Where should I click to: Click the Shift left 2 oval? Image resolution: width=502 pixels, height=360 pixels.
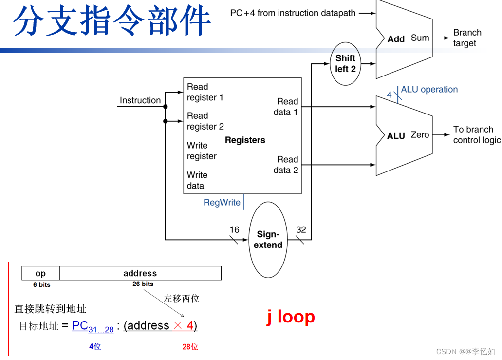[x=345, y=64]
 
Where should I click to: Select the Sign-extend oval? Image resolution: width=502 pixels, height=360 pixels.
[x=268, y=240]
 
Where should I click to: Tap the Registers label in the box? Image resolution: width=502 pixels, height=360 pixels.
[x=245, y=140]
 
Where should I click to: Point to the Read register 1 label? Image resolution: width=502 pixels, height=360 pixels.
[x=205, y=92]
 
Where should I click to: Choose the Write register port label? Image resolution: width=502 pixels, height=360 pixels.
[x=202, y=151]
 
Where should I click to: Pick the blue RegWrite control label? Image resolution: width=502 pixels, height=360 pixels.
[x=222, y=202]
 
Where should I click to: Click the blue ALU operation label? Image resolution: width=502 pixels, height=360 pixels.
[x=429, y=90]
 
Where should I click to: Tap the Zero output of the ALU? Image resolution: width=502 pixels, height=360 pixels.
[x=420, y=135]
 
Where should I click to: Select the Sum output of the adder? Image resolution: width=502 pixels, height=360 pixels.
[x=420, y=38]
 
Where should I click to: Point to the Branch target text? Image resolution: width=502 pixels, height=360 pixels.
[x=467, y=38]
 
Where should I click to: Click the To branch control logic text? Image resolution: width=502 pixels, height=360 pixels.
[x=476, y=135]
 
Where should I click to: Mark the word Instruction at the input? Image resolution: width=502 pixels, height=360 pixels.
[x=140, y=100]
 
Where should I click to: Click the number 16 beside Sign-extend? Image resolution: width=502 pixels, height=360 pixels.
[x=234, y=229]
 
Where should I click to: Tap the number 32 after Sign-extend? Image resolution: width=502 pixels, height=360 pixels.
[x=301, y=230]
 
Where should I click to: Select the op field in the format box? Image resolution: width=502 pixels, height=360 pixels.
[x=41, y=273]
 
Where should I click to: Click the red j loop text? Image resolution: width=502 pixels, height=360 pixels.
[x=291, y=317]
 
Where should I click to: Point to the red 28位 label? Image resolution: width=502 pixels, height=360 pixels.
[x=190, y=347]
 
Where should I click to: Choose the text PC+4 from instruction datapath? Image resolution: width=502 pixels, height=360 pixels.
[x=293, y=13]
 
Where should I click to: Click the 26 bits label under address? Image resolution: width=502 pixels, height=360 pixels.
[x=143, y=284]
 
